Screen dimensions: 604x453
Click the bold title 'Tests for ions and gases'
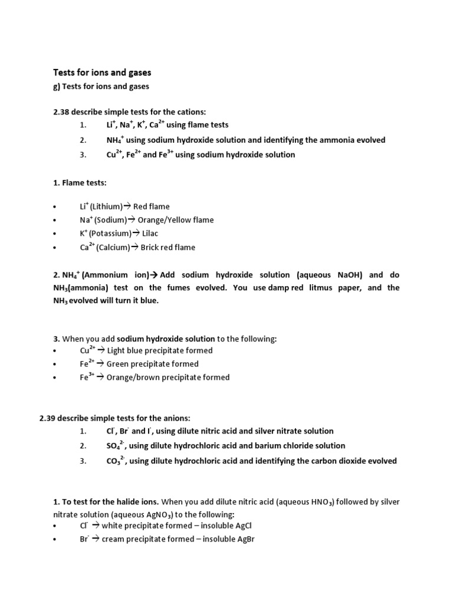coord(102,73)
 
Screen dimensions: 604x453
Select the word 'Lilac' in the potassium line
coord(150,234)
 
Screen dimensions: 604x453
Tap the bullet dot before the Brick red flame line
coord(54,248)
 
